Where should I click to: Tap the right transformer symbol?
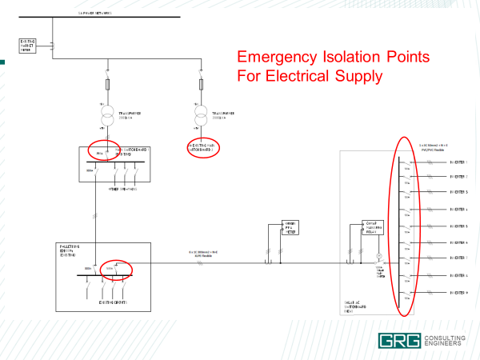click(200, 117)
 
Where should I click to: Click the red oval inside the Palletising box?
click(115, 268)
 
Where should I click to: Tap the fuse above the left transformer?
click(106, 84)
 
